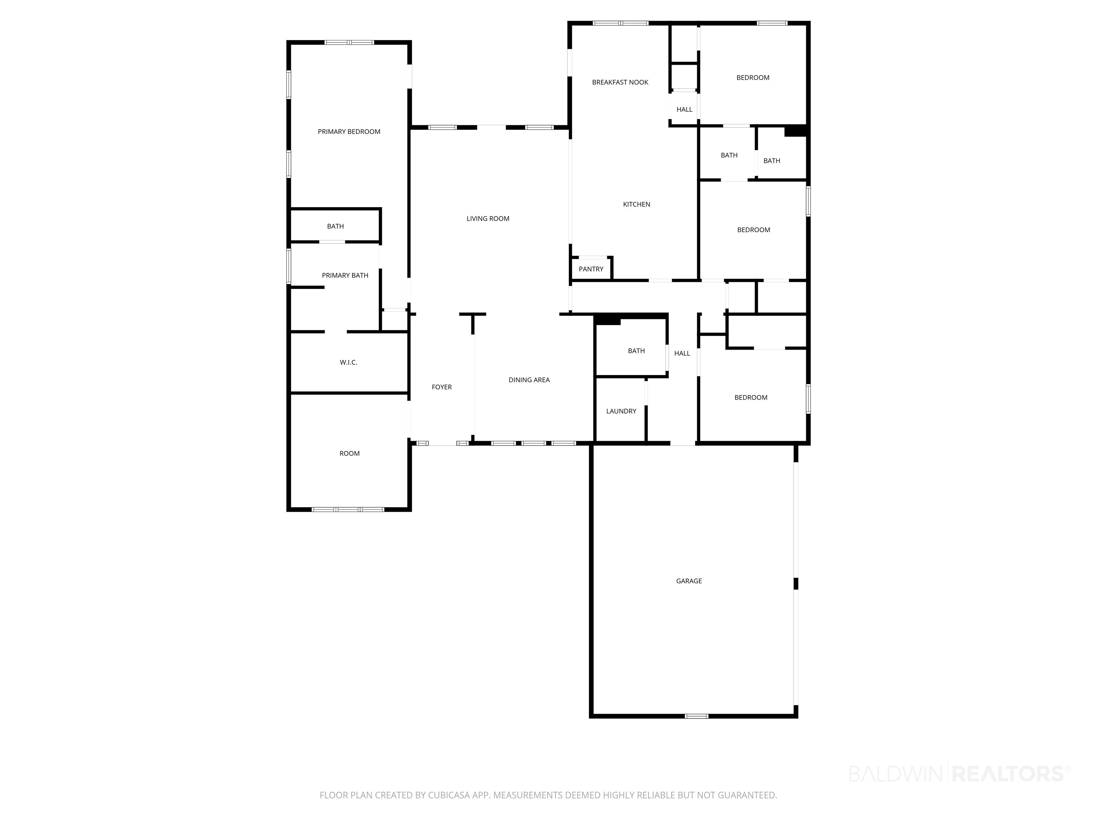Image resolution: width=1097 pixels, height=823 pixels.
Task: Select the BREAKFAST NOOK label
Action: click(x=620, y=83)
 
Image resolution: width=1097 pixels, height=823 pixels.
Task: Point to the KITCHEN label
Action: click(x=636, y=204)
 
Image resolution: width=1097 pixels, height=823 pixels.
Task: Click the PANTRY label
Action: click(x=591, y=269)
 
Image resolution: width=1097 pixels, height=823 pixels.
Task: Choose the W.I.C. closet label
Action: click(x=348, y=362)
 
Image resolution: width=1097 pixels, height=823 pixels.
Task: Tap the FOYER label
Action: click(x=441, y=387)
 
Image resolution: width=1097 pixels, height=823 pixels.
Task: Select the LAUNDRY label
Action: click(x=621, y=411)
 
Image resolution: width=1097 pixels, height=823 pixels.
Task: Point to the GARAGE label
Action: click(x=689, y=581)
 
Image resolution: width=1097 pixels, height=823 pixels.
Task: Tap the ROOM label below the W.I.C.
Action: click(x=349, y=453)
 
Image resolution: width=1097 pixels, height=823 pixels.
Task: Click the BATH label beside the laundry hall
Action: click(x=636, y=351)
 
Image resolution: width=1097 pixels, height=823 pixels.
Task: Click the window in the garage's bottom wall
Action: click(x=696, y=716)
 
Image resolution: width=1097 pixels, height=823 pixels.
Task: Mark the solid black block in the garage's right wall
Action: click(x=796, y=583)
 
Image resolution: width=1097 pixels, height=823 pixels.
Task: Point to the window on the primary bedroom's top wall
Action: click(x=349, y=43)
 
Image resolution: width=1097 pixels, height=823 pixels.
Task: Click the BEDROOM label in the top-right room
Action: click(x=752, y=78)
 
